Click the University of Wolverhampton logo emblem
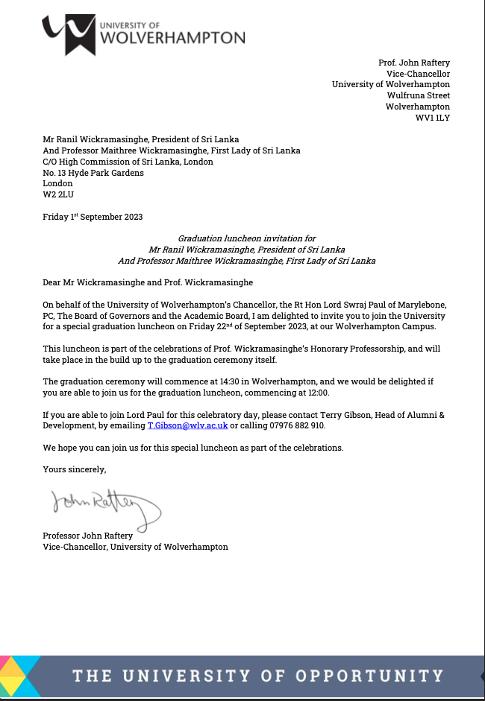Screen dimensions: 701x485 point(69,34)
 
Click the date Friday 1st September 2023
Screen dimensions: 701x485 point(93,218)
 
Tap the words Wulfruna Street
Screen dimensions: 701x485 point(419,95)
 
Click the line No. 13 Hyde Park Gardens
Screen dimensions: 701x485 point(93,173)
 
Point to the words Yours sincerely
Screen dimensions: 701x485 point(75,469)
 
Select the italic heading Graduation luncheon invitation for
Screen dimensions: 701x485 point(247,236)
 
